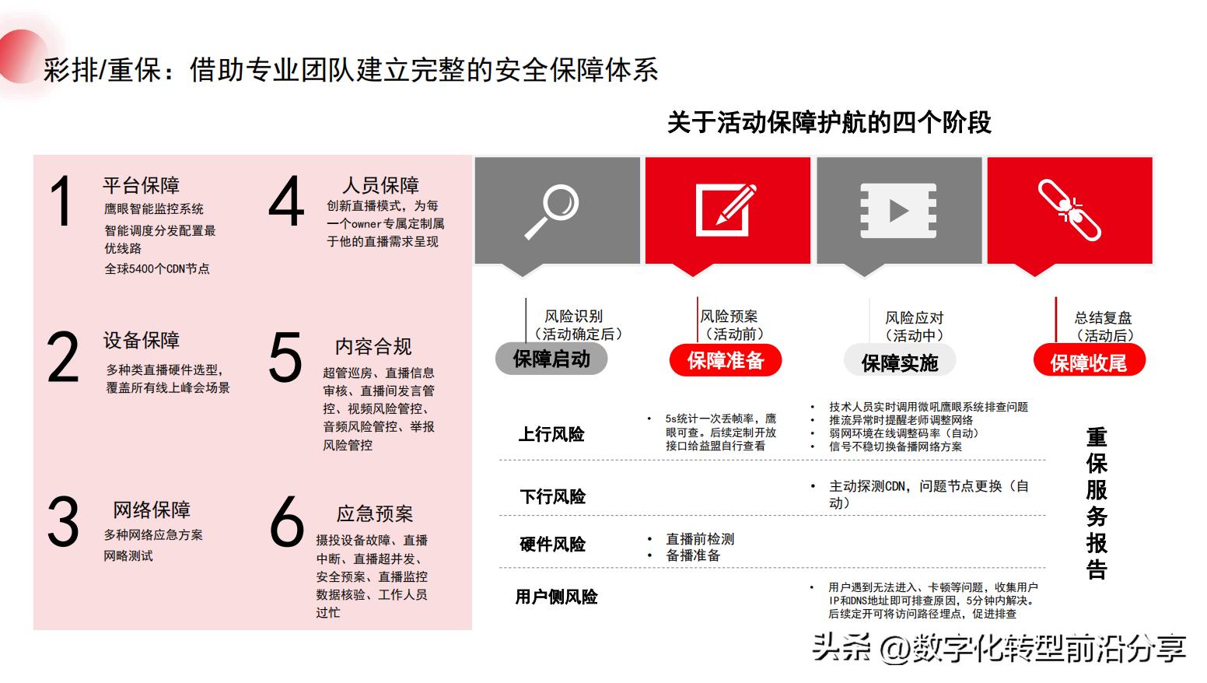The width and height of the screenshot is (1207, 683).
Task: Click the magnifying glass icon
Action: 551,211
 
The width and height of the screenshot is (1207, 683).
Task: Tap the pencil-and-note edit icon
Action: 726,210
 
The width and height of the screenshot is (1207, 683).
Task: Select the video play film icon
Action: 897,211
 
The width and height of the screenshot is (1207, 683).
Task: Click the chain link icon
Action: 1070,209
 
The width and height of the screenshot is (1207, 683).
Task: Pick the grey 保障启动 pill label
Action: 551,359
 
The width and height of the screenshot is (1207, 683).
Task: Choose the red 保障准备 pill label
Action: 726,361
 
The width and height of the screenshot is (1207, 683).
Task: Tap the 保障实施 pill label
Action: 899,363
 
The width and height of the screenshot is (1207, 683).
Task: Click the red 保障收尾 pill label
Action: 1089,363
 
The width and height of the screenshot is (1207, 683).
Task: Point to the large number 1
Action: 61,202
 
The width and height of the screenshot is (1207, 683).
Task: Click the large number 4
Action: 285,202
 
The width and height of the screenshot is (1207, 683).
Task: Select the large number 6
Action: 285,521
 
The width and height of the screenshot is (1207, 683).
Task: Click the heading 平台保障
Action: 141,185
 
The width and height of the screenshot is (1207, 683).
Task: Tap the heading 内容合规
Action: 373,346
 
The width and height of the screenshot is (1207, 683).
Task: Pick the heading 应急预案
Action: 375,513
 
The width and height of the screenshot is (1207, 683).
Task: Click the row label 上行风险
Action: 551,434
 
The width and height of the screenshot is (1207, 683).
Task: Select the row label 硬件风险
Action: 552,545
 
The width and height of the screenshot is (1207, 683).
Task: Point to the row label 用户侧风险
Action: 556,597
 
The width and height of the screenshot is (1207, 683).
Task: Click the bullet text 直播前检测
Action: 700,539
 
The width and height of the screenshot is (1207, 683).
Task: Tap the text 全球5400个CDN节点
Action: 157,268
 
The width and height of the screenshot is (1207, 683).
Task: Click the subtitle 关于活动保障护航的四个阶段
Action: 829,122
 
